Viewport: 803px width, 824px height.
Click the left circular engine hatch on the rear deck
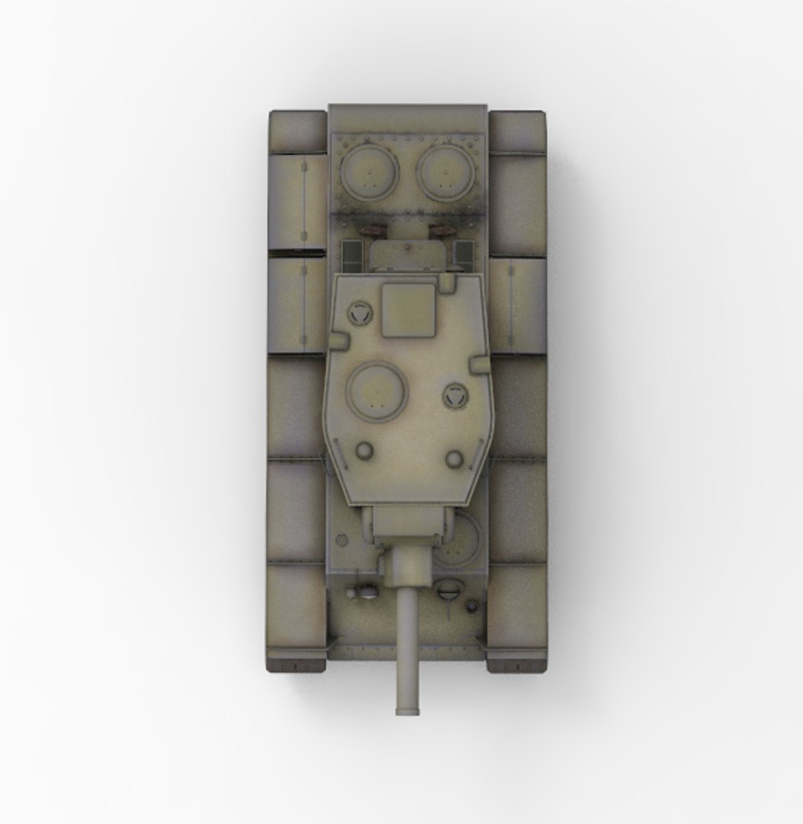pyautogui.click(x=369, y=173)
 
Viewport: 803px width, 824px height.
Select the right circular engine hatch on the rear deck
pyautogui.click(x=445, y=173)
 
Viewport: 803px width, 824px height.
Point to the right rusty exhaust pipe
pyautogui.click(x=442, y=228)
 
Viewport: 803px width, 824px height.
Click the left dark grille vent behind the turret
pyautogui.click(x=351, y=254)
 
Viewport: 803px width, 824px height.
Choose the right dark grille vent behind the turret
pyautogui.click(x=464, y=254)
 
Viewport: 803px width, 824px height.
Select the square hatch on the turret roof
pyautogui.click(x=408, y=310)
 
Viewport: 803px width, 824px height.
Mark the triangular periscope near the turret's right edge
pyautogui.click(x=454, y=395)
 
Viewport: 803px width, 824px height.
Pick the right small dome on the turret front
pyautogui.click(x=454, y=459)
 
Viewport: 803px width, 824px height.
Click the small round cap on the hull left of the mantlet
pyautogui.click(x=342, y=540)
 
